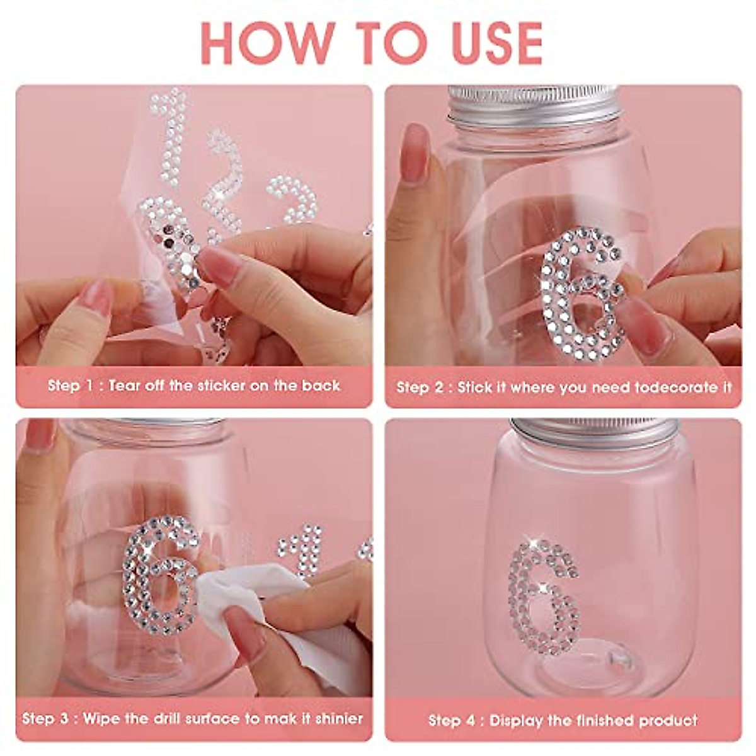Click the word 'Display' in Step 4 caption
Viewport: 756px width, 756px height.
[x=517, y=720]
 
